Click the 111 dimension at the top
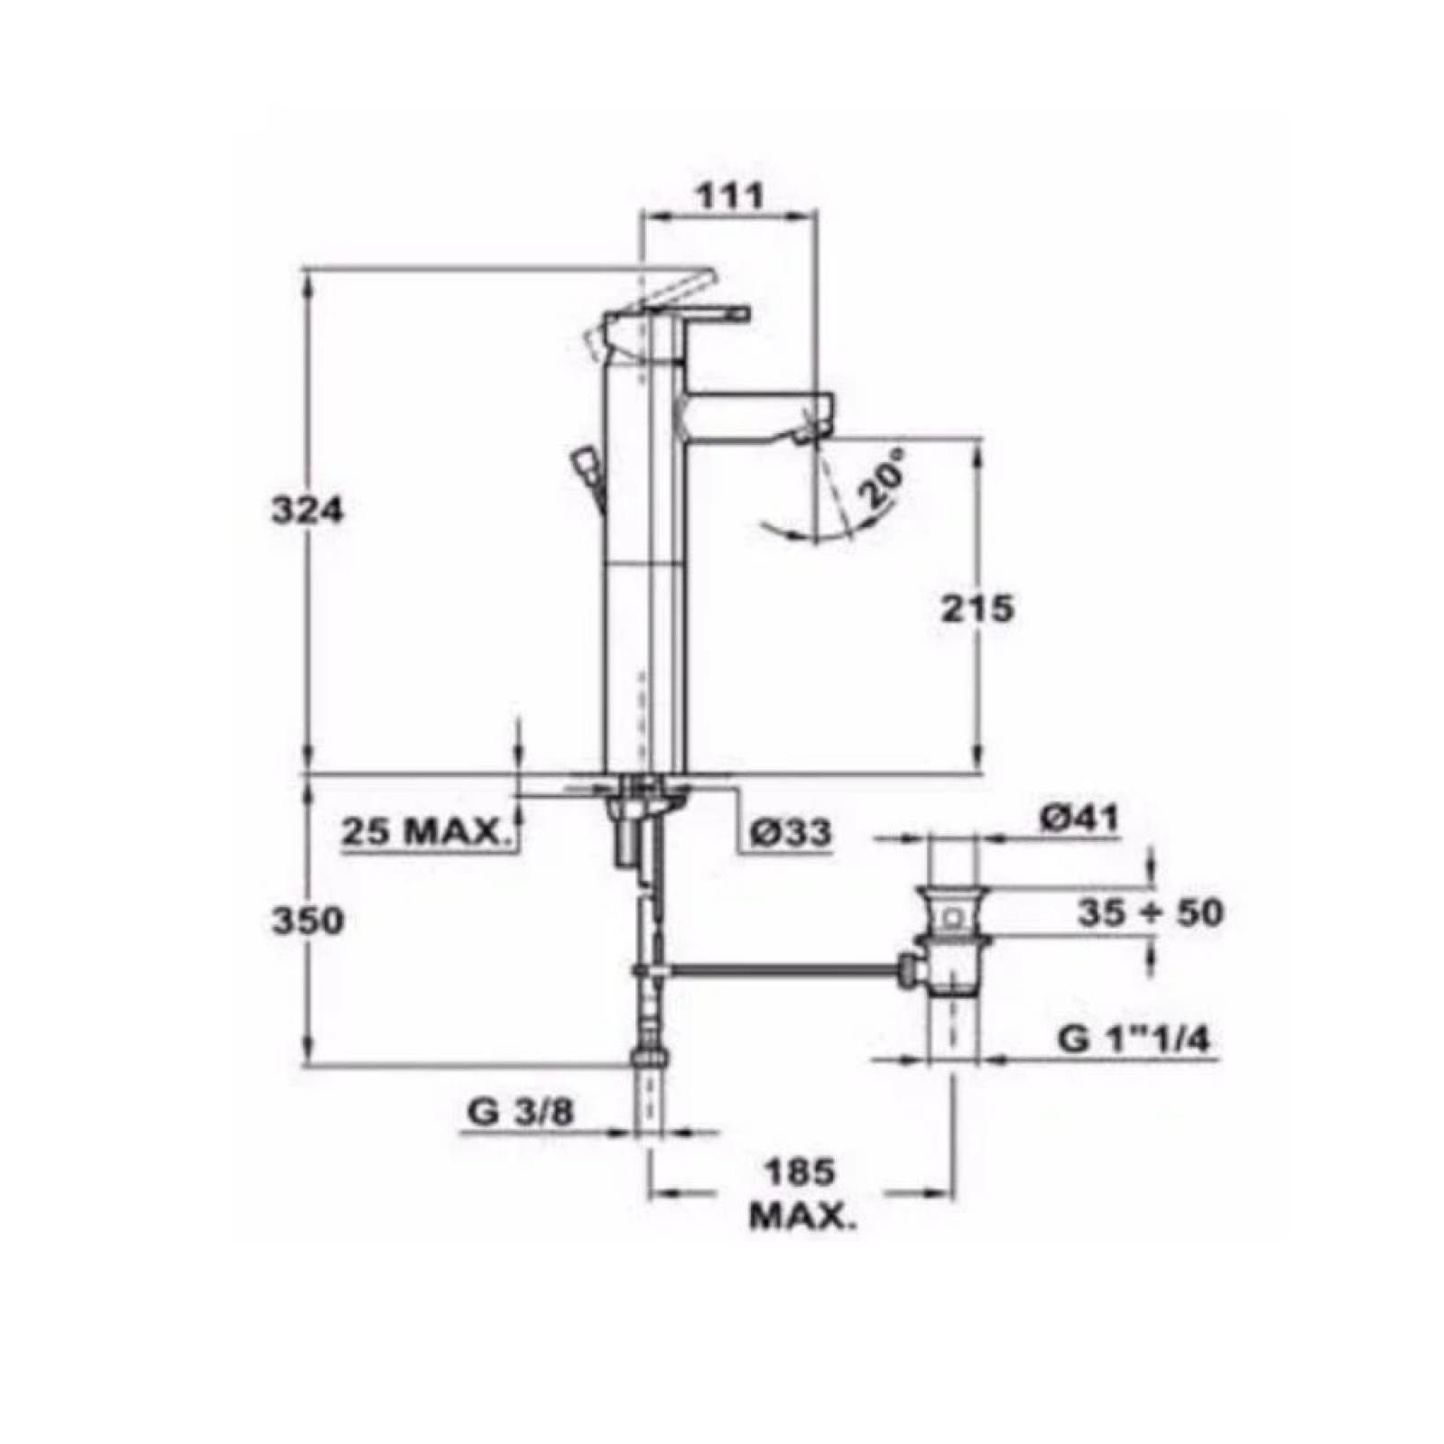point(729,194)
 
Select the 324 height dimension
point(308,511)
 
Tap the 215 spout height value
point(977,609)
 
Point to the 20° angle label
point(880,487)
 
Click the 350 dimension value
point(308,921)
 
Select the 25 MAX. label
point(421,831)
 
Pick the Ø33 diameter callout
point(791,832)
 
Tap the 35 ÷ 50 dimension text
point(1150,912)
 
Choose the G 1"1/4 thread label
point(1134,1040)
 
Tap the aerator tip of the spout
point(806,436)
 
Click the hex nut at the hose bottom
point(651,1057)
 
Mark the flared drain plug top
point(952,897)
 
